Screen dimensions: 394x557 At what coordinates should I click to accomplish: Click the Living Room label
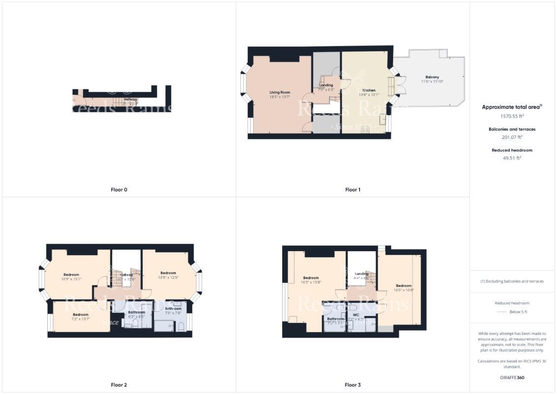[x=279, y=92]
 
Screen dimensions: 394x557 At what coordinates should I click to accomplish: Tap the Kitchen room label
[x=369, y=91]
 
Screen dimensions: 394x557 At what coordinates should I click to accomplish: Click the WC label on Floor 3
[x=356, y=314]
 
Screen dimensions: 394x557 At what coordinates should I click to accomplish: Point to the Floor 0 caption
[x=119, y=190]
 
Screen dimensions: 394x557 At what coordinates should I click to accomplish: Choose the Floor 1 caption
[x=353, y=190]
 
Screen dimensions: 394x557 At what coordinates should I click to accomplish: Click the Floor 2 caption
[x=119, y=385]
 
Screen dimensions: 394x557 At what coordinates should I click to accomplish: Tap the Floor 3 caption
[x=353, y=385]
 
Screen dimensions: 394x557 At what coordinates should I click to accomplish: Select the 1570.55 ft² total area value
[x=512, y=117]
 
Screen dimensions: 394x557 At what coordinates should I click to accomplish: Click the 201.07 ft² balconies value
[x=512, y=138]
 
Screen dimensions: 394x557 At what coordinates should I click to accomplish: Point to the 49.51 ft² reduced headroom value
[x=512, y=159]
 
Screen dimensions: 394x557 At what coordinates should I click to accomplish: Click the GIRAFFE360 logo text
[x=512, y=378]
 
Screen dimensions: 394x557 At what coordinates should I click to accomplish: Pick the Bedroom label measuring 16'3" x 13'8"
[x=311, y=278]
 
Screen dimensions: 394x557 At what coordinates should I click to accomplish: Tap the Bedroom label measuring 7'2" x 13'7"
[x=81, y=314]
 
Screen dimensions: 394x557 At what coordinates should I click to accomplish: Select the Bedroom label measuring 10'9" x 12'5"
[x=168, y=273]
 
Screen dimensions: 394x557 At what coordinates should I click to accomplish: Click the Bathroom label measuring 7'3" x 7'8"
[x=173, y=309]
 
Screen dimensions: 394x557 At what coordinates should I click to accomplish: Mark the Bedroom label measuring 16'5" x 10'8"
[x=404, y=286]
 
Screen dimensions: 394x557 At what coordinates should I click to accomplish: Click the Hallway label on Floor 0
[x=131, y=99]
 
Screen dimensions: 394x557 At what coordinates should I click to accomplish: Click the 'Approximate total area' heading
[x=511, y=107]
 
